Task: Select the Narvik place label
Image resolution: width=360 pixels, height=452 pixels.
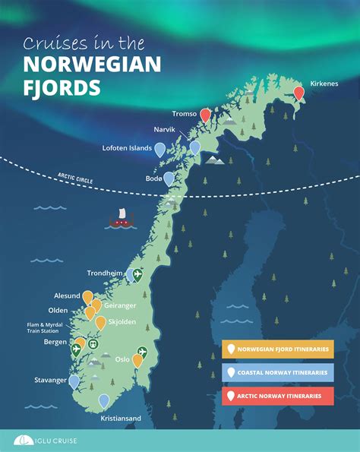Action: tap(164, 130)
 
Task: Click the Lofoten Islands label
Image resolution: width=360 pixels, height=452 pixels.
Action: tap(127, 148)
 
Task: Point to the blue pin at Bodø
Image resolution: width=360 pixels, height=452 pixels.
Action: tap(169, 179)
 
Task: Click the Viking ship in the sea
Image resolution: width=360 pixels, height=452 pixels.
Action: tap(120, 219)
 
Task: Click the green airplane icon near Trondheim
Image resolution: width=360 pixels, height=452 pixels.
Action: tap(137, 275)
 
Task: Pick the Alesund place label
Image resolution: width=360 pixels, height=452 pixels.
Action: tap(65, 296)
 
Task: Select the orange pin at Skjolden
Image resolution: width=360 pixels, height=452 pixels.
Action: tap(100, 323)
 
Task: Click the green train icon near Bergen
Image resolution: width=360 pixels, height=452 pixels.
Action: tap(93, 344)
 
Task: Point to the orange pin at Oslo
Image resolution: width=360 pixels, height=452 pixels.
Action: tap(137, 360)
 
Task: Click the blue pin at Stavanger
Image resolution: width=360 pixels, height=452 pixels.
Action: tap(74, 381)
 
